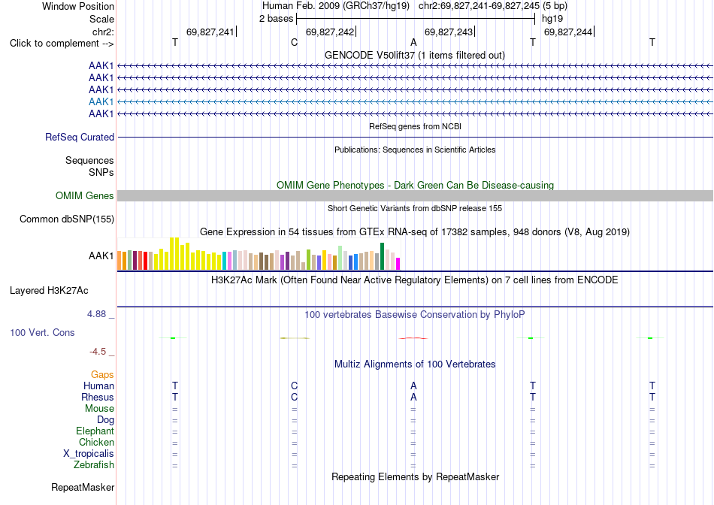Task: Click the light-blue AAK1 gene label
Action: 101,101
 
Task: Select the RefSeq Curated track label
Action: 80,137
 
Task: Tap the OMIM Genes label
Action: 85,196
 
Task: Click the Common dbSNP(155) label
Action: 67,219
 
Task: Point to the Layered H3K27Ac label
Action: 49,291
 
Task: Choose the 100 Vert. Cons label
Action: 42,332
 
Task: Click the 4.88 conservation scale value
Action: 96,314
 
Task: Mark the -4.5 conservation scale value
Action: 98,352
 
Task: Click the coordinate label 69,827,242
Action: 330,32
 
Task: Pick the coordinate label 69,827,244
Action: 568,32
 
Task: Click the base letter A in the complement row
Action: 413,42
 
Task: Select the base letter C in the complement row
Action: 294,42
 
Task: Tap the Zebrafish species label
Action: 94,465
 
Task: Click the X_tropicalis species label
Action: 89,454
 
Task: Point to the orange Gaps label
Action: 102,374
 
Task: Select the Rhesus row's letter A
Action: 413,397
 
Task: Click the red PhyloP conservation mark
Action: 413,338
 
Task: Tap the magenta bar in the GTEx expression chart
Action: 398,264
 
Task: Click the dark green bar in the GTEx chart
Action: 383,256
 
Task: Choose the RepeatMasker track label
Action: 83,487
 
